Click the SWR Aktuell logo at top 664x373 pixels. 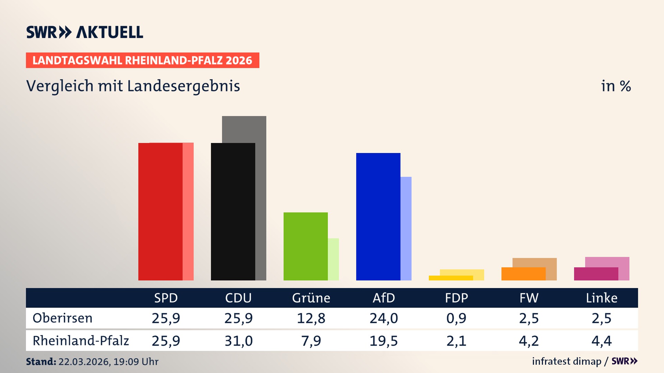(x=84, y=32)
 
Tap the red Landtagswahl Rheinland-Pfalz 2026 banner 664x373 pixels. (x=142, y=60)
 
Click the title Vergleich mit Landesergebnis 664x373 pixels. (x=133, y=86)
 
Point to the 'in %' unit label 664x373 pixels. (x=616, y=86)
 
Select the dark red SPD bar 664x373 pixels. (x=160, y=211)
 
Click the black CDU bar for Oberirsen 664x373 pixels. (x=233, y=211)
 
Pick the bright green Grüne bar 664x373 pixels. (x=305, y=246)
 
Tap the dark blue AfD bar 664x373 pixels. (x=378, y=216)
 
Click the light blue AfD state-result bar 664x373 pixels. (x=406, y=228)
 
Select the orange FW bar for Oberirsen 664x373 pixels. (x=523, y=274)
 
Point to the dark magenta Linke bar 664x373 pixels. (x=596, y=274)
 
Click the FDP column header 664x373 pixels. (x=456, y=298)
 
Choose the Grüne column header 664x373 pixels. (x=311, y=298)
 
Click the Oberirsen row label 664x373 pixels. (x=63, y=318)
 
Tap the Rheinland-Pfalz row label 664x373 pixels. (x=81, y=341)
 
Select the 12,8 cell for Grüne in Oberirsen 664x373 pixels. (x=311, y=318)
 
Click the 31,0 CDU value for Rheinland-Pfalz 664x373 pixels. (x=238, y=341)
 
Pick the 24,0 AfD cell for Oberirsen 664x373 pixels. (x=384, y=318)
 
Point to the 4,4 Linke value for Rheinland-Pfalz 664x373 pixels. (x=601, y=341)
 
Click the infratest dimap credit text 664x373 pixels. (x=566, y=361)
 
